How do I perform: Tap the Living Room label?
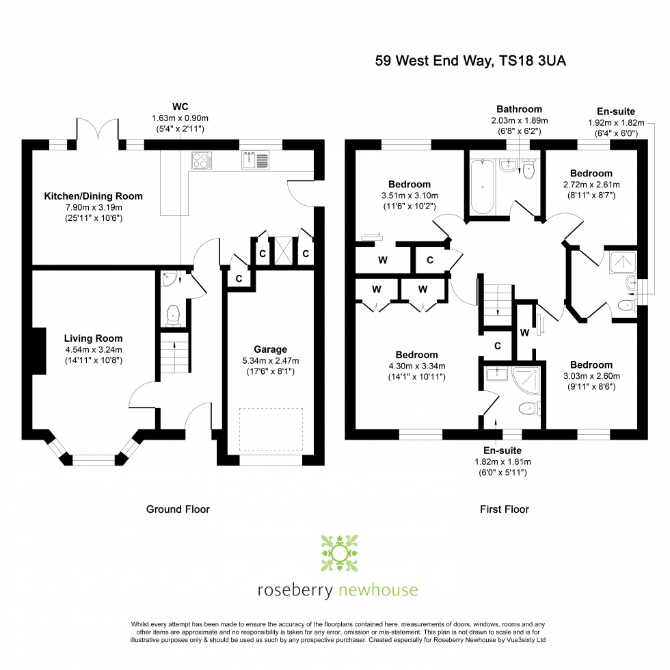click(x=93, y=338)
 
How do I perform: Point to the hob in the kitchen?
click(x=202, y=160)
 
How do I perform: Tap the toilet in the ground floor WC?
click(x=174, y=314)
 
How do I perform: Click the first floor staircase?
click(x=498, y=304)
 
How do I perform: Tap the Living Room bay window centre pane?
click(x=93, y=460)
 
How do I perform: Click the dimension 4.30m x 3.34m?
click(x=416, y=366)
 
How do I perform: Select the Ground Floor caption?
click(x=178, y=509)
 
